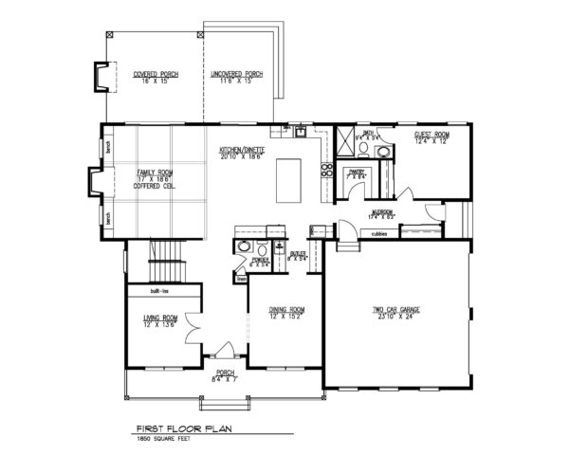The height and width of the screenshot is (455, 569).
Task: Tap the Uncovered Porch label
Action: click(x=240, y=73)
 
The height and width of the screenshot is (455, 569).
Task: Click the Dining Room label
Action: click(x=285, y=309)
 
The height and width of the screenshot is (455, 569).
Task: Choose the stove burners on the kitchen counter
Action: click(x=327, y=171)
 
